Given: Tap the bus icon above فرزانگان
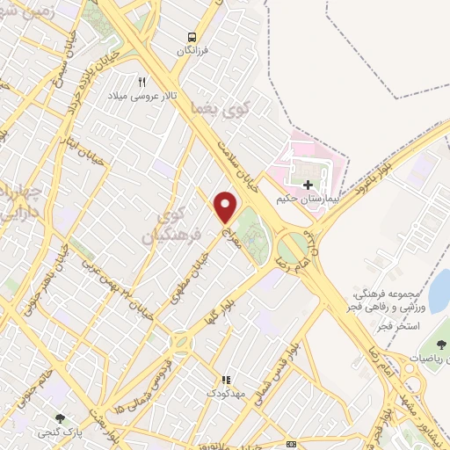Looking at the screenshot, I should point(191,37).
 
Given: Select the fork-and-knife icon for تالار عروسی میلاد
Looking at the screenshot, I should point(141,81).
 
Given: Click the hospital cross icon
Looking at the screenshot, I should point(308,185).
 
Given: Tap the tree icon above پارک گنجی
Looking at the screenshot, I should point(60,419).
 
